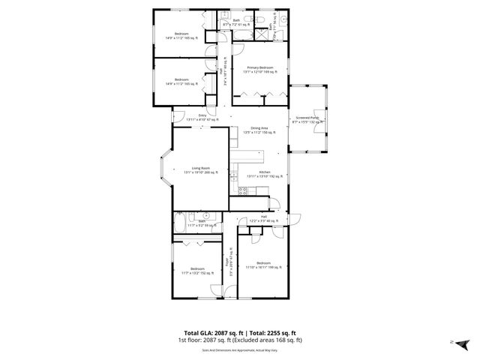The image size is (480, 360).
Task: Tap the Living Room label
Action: [x=200, y=170]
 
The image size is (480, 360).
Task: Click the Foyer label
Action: [x=227, y=267]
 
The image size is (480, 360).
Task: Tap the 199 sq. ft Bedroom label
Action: [x=262, y=265]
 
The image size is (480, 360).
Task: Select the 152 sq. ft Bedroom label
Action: [x=197, y=271]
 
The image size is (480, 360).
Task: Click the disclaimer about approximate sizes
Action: [x=239, y=349]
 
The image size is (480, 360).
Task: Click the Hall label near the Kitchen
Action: [x=254, y=219]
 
